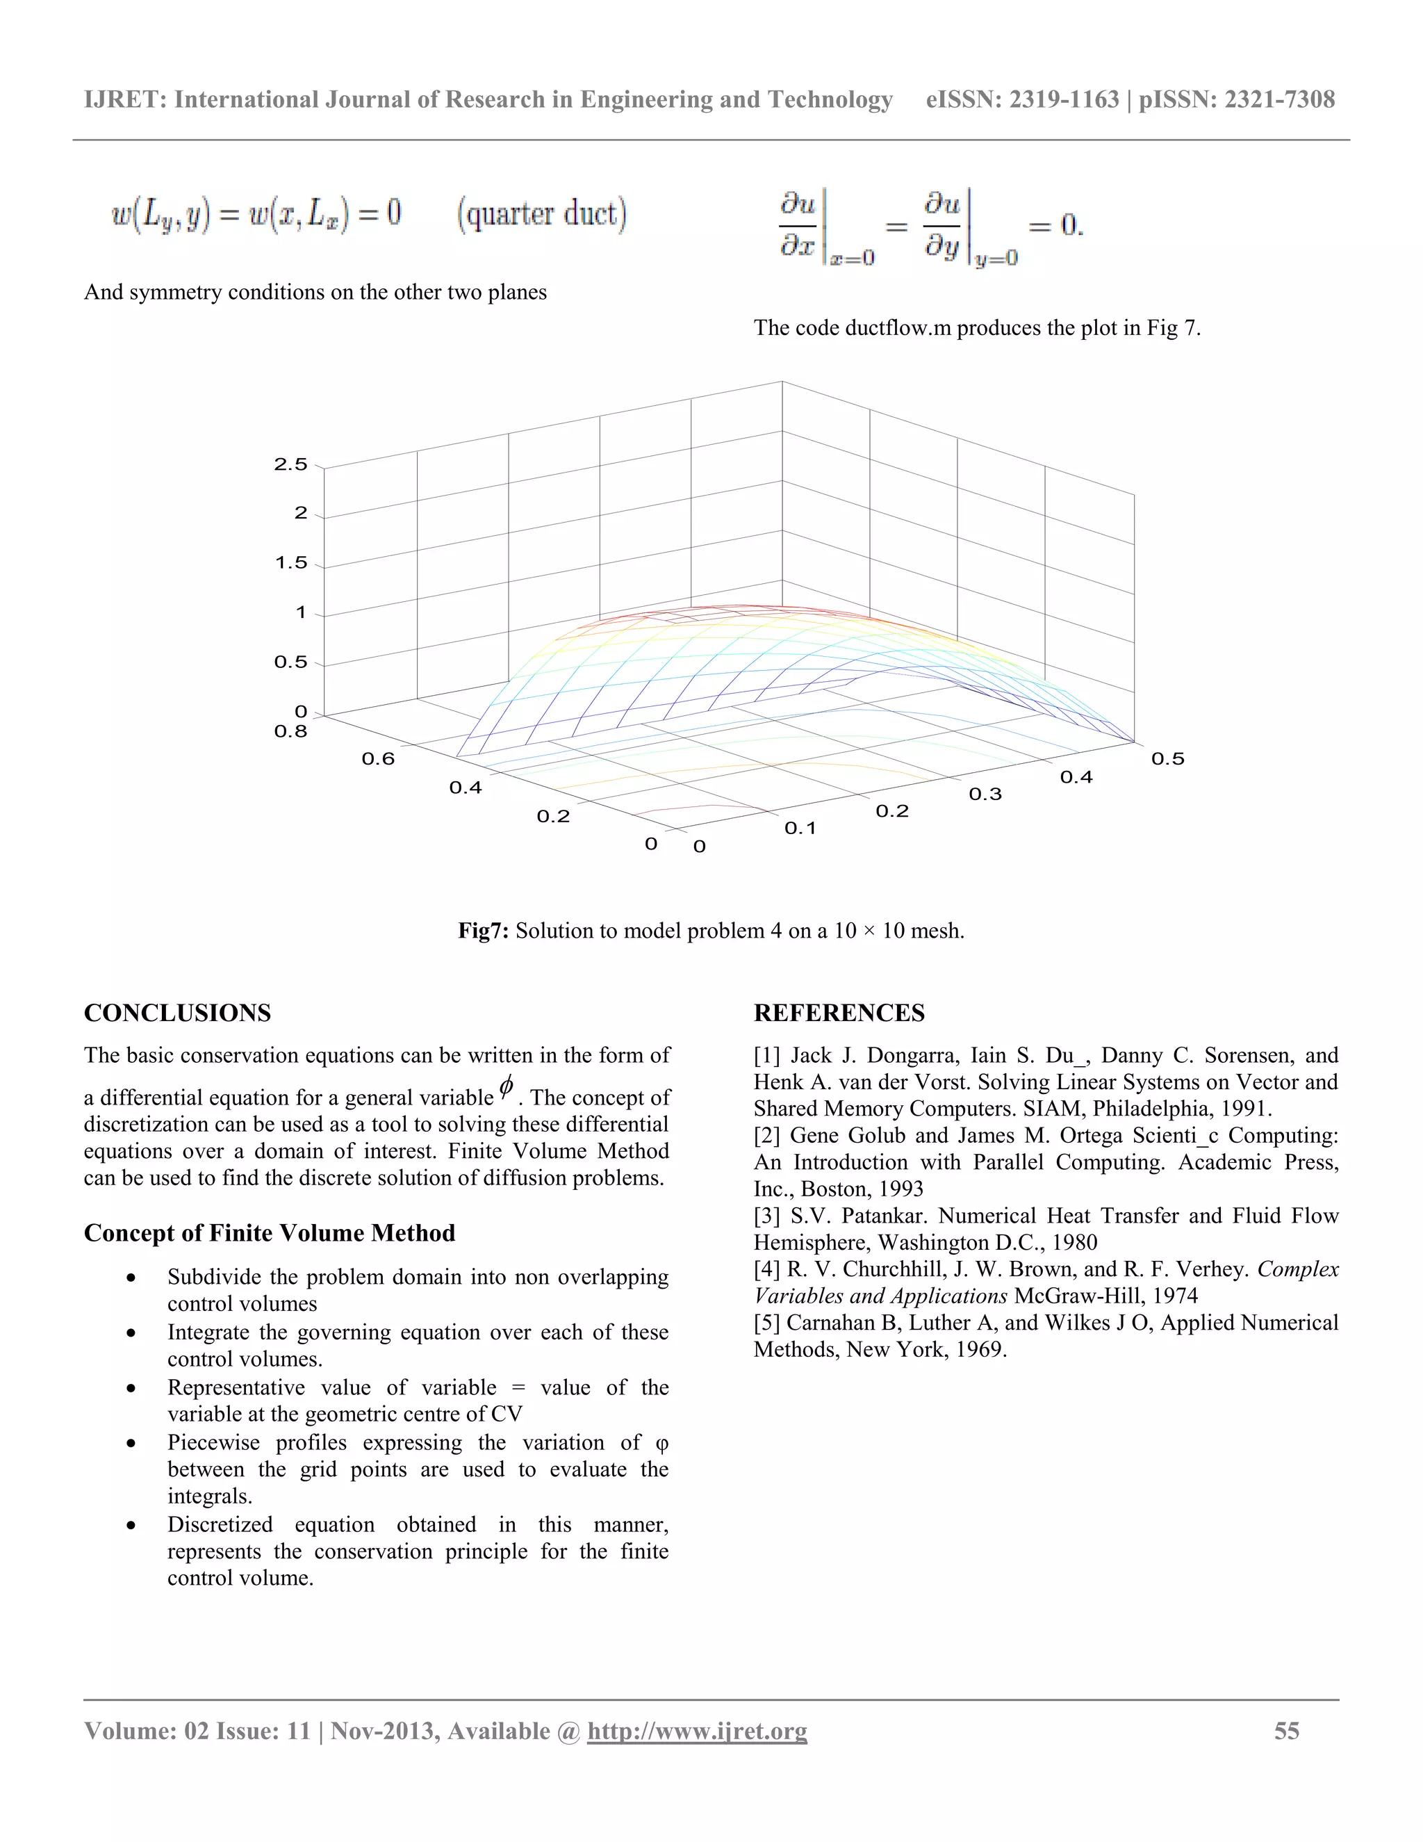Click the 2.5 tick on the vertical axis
291,465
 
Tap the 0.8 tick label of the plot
291,731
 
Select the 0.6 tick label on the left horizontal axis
379,759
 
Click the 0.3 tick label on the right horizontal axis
985,794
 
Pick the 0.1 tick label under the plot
800,829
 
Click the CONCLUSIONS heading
177,1013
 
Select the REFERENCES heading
839,1013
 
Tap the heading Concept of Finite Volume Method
269,1233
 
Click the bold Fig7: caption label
483,931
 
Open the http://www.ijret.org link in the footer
697,1731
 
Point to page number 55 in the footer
1286,1731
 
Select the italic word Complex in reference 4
1297,1269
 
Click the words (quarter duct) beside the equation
542,213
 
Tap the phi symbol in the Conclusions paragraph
506,1088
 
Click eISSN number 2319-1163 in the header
1064,99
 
